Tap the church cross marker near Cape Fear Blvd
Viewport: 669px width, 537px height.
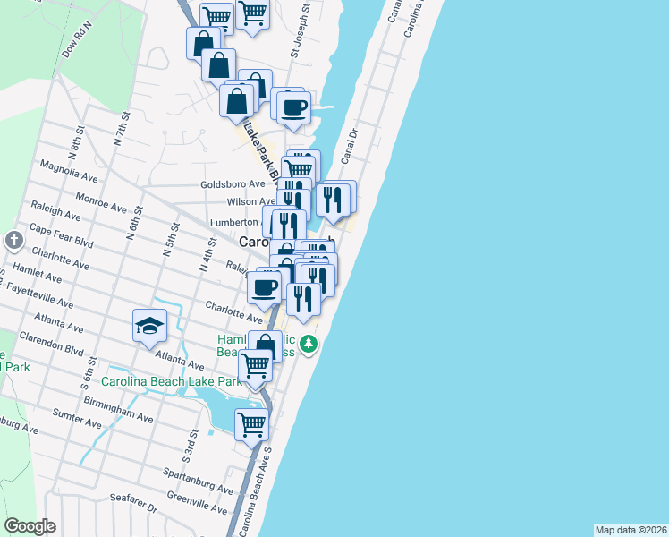click(x=13, y=240)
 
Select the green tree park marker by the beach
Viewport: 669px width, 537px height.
click(x=309, y=344)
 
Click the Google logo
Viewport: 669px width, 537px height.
click(x=30, y=526)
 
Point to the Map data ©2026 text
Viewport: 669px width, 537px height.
click(x=631, y=529)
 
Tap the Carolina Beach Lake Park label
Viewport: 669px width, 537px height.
click(x=172, y=382)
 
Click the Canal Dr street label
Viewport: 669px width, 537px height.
click(x=350, y=145)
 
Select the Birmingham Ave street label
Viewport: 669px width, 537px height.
click(x=121, y=412)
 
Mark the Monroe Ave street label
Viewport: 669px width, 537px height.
click(x=101, y=202)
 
